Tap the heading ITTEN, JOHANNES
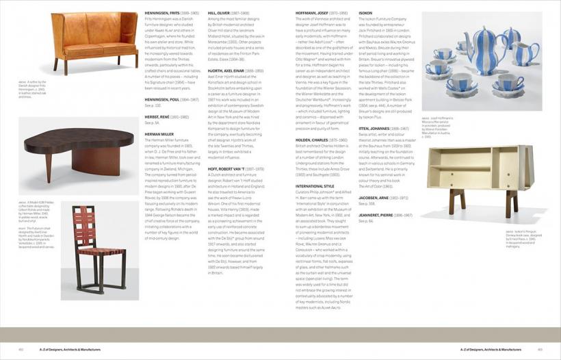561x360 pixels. (374, 128)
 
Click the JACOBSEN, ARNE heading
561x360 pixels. (374, 198)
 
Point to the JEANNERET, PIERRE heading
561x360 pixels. (376, 215)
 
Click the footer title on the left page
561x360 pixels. (54, 348)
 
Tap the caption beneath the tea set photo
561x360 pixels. (438, 127)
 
